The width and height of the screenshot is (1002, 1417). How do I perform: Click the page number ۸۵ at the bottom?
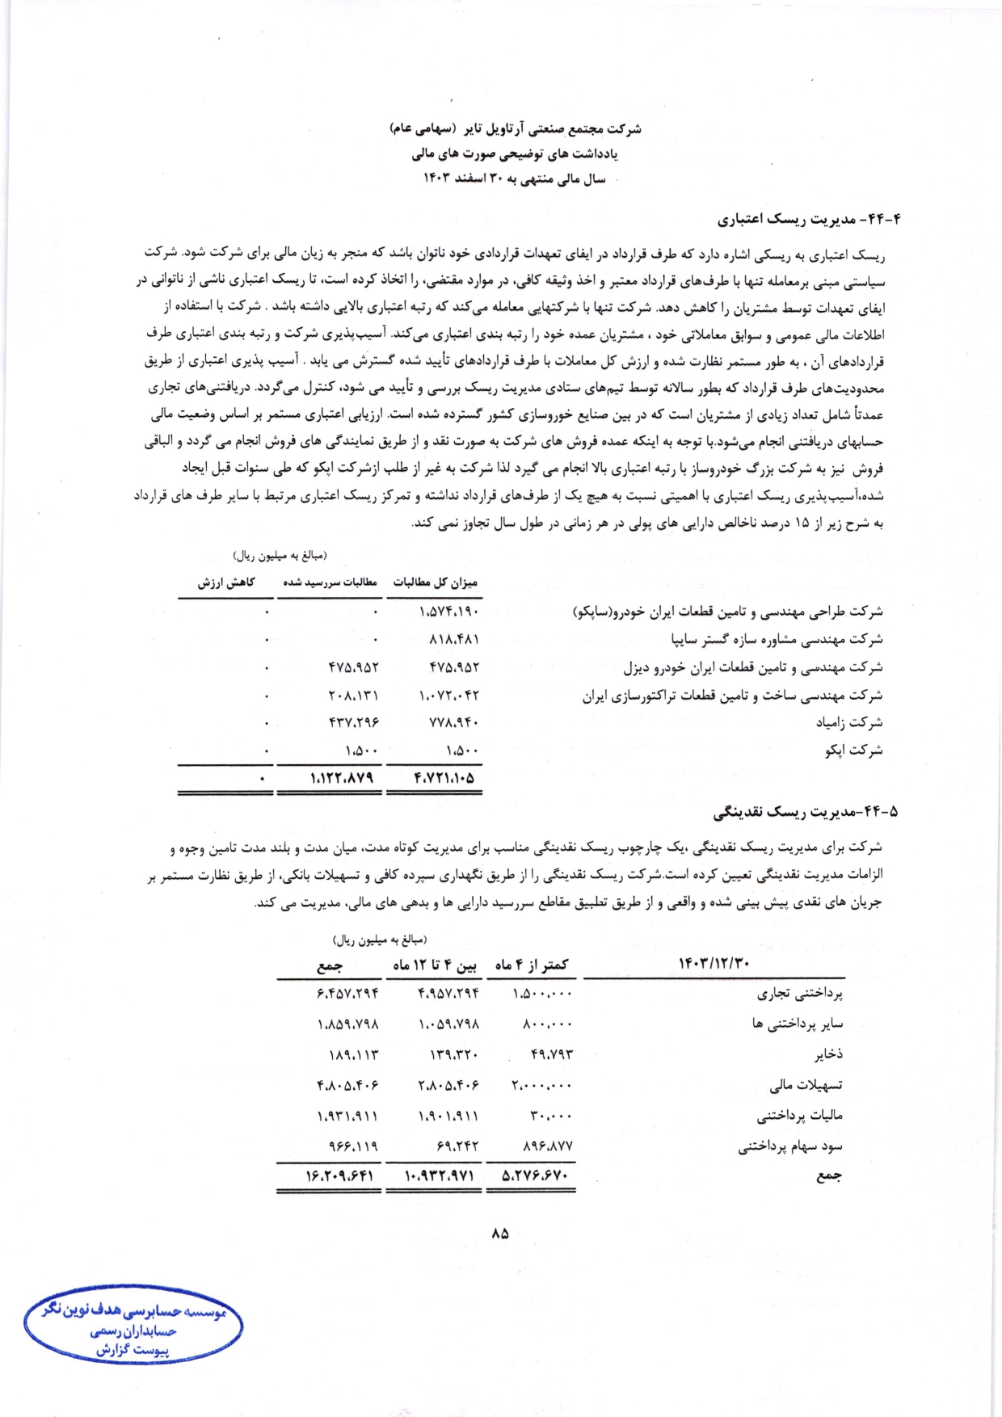(499, 1234)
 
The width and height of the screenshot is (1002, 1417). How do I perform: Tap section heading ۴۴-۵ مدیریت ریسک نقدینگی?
(806, 810)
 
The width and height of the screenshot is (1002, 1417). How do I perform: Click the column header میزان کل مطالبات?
(435, 582)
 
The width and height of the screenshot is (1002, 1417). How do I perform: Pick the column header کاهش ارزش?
(226, 582)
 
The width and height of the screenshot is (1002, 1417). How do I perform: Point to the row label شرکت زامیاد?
(848, 722)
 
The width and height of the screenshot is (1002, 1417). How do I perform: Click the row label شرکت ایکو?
(853, 751)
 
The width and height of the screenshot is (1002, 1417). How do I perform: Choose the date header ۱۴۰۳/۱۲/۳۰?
(714, 963)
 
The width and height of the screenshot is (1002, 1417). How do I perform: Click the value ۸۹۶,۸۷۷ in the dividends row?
(548, 1146)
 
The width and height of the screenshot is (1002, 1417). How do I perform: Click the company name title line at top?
(515, 128)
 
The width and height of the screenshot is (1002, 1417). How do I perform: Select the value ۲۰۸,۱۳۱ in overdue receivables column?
(353, 695)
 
